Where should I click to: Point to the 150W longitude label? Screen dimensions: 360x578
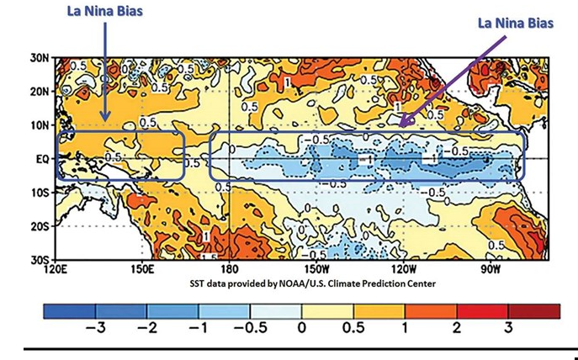(317, 270)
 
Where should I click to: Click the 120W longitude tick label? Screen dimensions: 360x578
(404, 270)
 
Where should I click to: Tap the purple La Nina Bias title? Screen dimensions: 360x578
(515, 23)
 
